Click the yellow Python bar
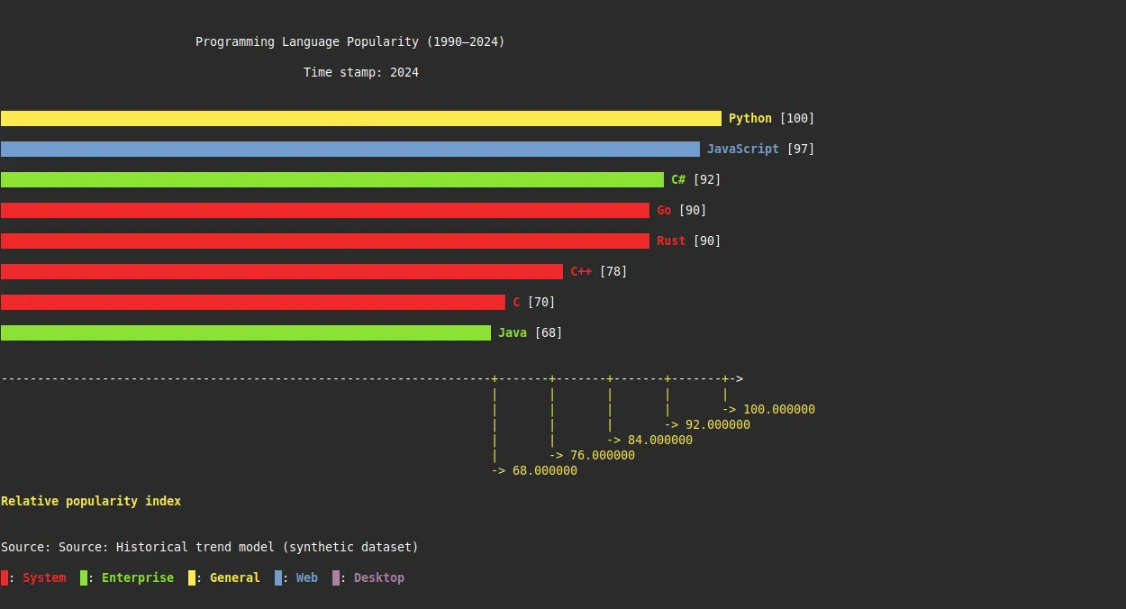(x=360, y=118)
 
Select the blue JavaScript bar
(x=350, y=149)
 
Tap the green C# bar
(x=331, y=179)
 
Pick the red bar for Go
(x=324, y=210)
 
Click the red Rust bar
(x=324, y=241)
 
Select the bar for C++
(x=281, y=271)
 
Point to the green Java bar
(x=245, y=332)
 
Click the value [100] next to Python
(x=796, y=118)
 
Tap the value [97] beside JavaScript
(x=800, y=149)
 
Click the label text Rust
(x=671, y=241)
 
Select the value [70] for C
(x=540, y=302)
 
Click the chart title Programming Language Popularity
(x=350, y=41)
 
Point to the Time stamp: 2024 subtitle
(x=360, y=72)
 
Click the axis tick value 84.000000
(x=659, y=440)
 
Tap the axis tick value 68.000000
(x=544, y=470)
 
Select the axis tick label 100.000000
(x=778, y=409)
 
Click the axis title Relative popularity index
(x=91, y=501)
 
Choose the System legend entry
(x=43, y=577)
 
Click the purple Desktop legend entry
(x=378, y=577)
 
